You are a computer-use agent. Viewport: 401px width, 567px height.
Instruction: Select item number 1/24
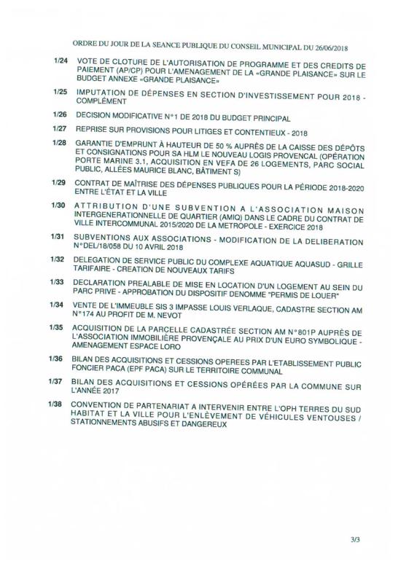point(61,77)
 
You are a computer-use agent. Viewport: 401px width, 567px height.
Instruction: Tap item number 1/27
point(61,130)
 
